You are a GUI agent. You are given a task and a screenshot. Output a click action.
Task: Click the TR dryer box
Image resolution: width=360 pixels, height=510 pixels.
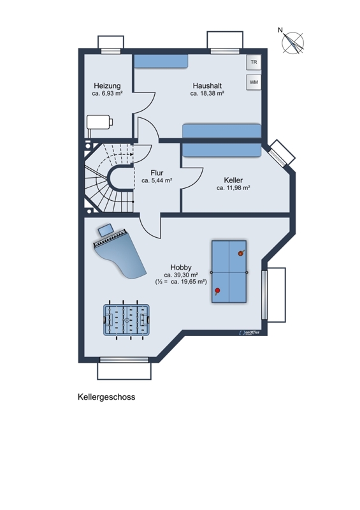click(x=254, y=62)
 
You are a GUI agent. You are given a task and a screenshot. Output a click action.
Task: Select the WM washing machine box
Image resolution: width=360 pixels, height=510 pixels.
click(x=254, y=82)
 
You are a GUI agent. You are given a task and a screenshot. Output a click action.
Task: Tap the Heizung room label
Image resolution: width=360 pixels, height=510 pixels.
click(x=107, y=86)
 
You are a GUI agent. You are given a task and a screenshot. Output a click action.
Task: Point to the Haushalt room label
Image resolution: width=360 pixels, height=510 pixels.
click(x=207, y=86)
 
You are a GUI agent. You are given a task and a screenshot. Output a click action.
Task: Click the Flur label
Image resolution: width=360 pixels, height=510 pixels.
click(x=157, y=173)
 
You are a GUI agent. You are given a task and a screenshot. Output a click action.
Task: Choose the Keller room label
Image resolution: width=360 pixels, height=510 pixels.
click(x=233, y=180)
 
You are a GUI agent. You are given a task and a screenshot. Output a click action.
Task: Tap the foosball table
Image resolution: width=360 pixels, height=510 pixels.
click(x=127, y=320)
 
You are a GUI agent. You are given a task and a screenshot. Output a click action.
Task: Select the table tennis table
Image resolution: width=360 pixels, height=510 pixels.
click(x=229, y=272)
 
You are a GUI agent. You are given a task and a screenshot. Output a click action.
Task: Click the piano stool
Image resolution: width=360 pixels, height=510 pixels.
click(x=105, y=230)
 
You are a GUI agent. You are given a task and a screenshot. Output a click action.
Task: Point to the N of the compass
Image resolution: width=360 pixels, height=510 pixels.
click(x=280, y=30)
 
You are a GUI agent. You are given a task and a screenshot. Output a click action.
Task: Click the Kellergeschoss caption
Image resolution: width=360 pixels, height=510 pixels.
click(x=106, y=397)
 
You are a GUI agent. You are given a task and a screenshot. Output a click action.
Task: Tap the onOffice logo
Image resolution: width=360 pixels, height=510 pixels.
click(x=249, y=332)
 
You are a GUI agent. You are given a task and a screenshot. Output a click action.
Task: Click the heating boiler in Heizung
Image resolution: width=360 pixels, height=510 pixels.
click(x=99, y=123)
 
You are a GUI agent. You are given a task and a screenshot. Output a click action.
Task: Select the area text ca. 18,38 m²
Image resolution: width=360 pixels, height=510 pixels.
click(x=207, y=93)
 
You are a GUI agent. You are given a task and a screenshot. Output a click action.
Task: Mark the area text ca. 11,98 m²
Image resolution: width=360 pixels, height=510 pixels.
click(x=233, y=187)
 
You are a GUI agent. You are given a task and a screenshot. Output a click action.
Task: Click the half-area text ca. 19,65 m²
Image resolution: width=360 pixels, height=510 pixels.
click(x=189, y=282)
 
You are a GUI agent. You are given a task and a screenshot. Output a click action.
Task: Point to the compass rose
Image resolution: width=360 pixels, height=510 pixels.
click(x=293, y=43)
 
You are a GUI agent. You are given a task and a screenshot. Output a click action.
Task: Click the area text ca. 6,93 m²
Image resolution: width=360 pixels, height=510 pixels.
click(x=107, y=93)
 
